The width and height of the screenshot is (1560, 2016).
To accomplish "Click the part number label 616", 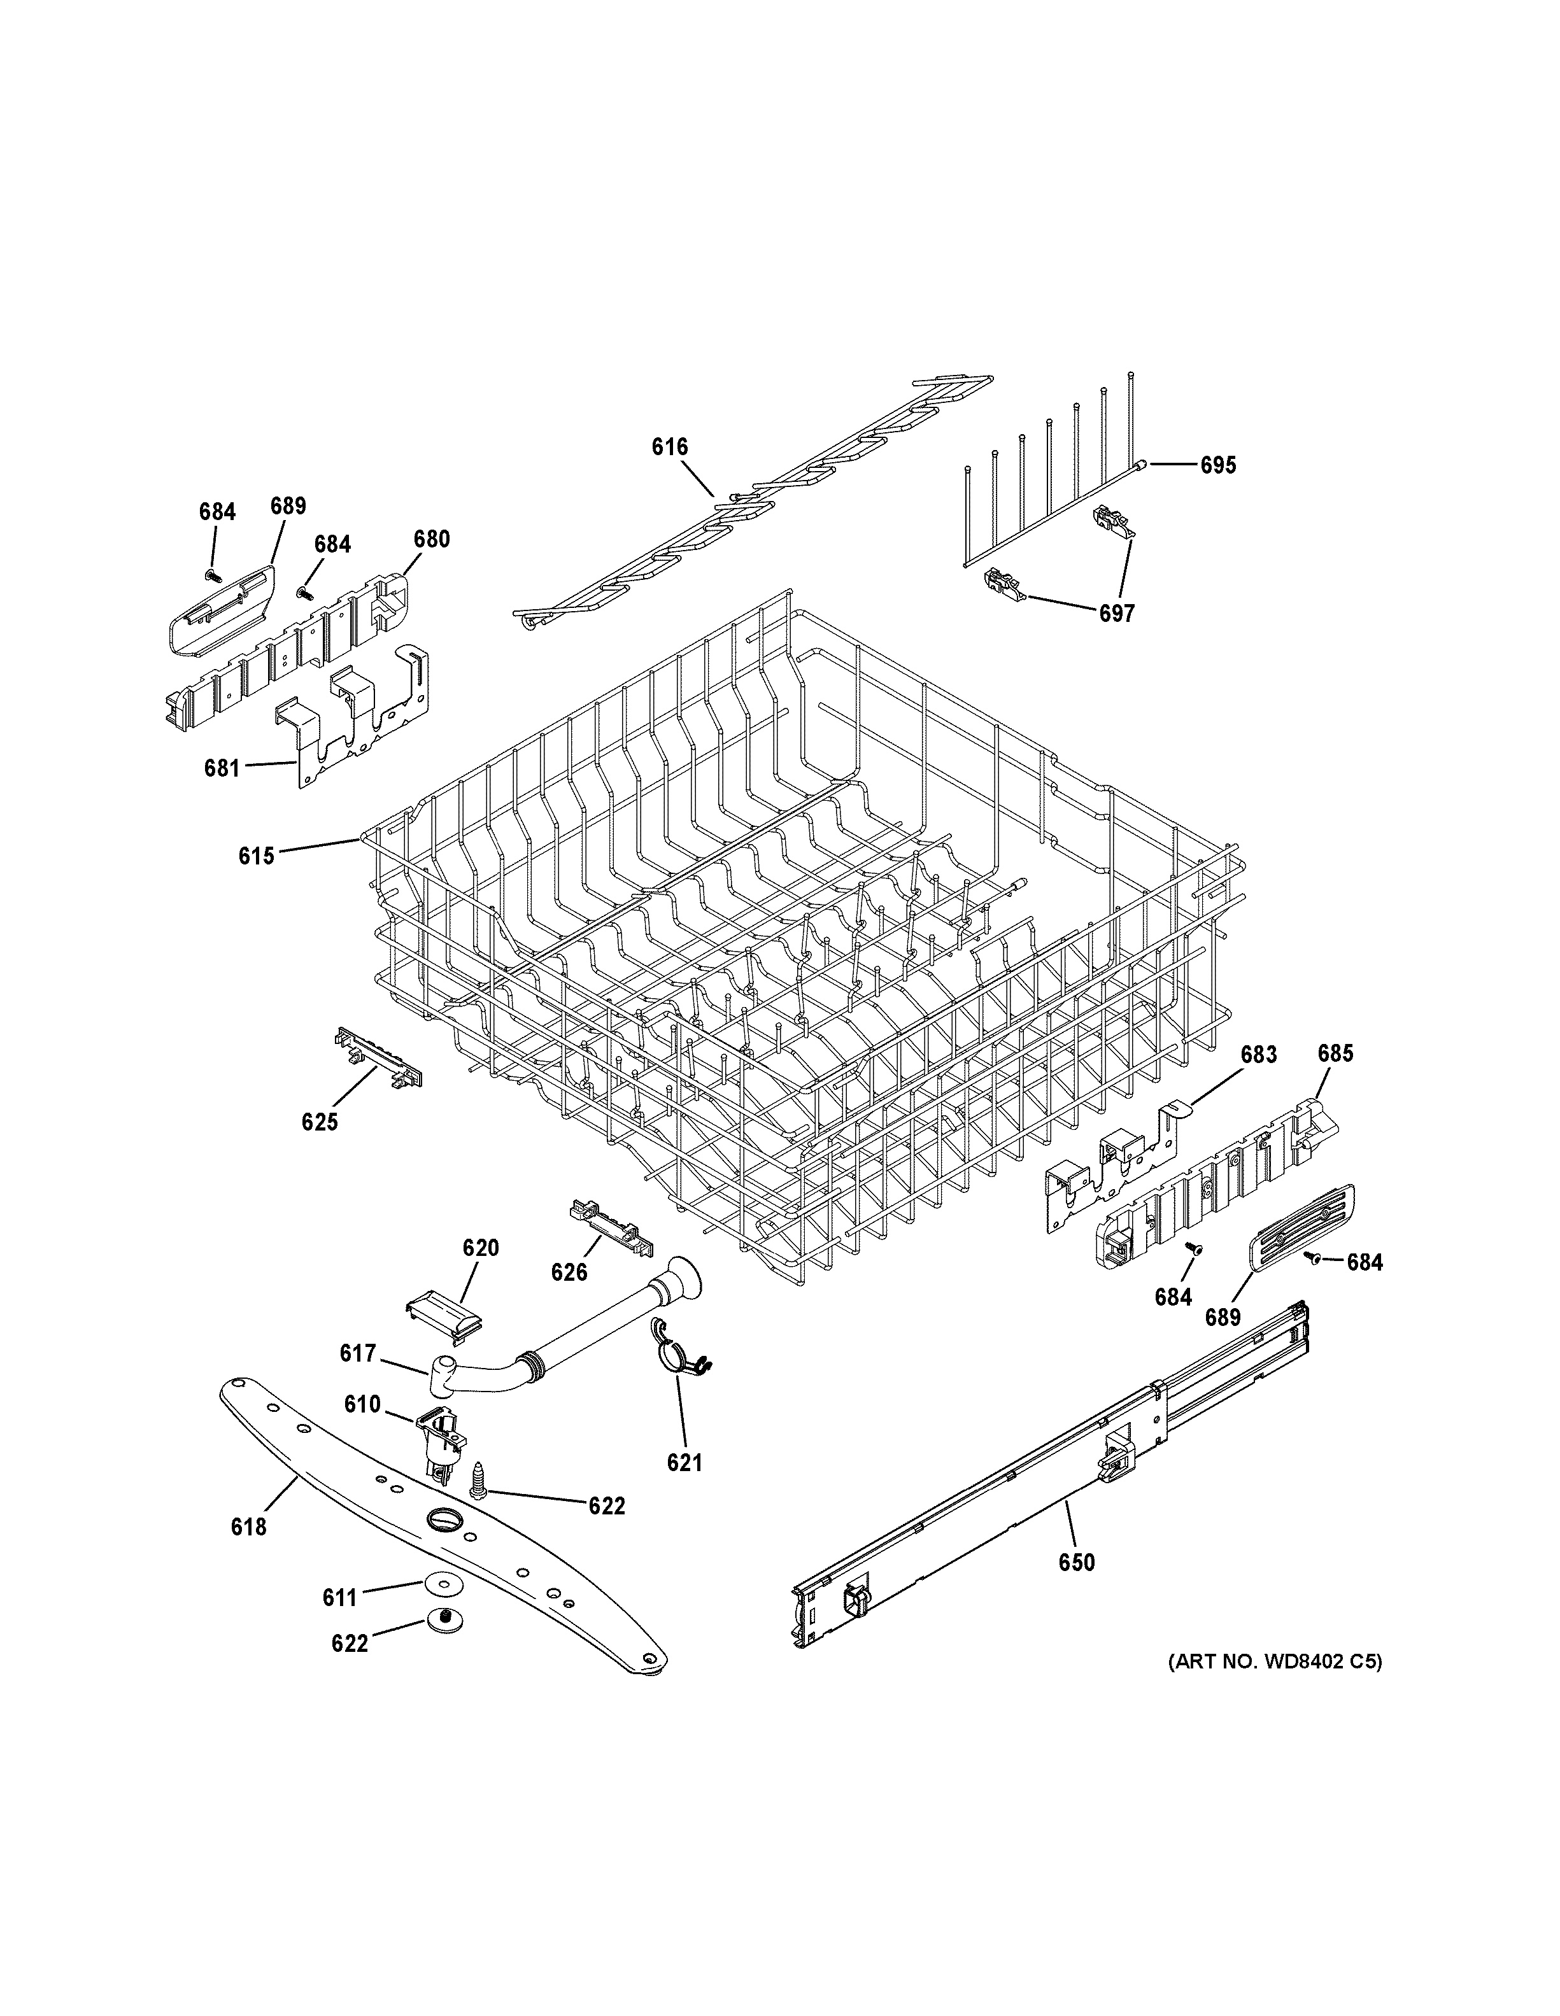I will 669,448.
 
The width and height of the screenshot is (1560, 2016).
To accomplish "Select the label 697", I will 1116,613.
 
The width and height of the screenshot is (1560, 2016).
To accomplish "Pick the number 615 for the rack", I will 256,856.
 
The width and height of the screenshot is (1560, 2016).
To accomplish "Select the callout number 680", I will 431,539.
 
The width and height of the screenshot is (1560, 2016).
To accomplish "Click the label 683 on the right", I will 1258,1054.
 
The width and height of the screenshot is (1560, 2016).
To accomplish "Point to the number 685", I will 1335,1054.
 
